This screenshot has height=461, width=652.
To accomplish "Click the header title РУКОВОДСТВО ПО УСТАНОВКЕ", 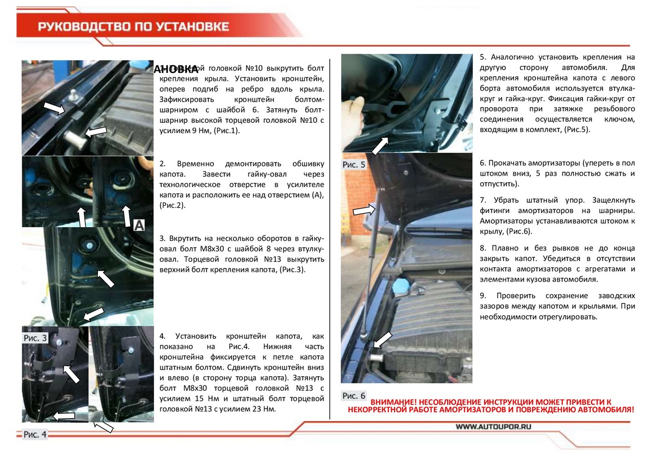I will click(x=133, y=27).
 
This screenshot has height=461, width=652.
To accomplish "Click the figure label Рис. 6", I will click(x=354, y=395).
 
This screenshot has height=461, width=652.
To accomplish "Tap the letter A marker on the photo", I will click(x=139, y=225).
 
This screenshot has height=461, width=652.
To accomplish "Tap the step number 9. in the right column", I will click(x=482, y=295).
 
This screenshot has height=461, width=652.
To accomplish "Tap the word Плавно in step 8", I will click(x=504, y=247).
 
